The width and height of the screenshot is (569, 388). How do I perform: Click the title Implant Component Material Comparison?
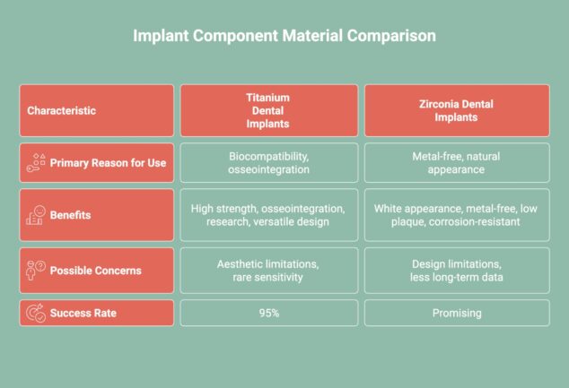(x=284, y=37)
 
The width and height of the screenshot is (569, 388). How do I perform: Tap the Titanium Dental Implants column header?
(x=268, y=110)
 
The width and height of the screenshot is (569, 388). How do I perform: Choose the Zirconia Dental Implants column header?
(x=457, y=110)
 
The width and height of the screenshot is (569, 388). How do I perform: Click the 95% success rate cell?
(x=268, y=313)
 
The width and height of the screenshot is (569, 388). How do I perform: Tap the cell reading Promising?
(x=457, y=313)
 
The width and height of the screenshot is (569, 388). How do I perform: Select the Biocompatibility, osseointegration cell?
(x=268, y=162)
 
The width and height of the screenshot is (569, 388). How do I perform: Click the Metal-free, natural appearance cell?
(x=457, y=162)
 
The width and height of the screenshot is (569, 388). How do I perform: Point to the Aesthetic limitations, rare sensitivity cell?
(x=268, y=270)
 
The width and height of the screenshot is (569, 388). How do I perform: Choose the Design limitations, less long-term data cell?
(x=457, y=270)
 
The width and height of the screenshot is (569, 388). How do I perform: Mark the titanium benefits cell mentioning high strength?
(x=268, y=215)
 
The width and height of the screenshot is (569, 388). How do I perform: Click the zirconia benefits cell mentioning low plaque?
(x=457, y=215)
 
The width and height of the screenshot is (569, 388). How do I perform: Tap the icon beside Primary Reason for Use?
(x=37, y=162)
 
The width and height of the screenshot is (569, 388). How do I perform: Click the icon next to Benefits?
(x=37, y=215)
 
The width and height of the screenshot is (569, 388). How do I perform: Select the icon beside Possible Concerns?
(x=37, y=270)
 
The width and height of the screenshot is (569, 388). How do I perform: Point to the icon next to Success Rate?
(x=37, y=313)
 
